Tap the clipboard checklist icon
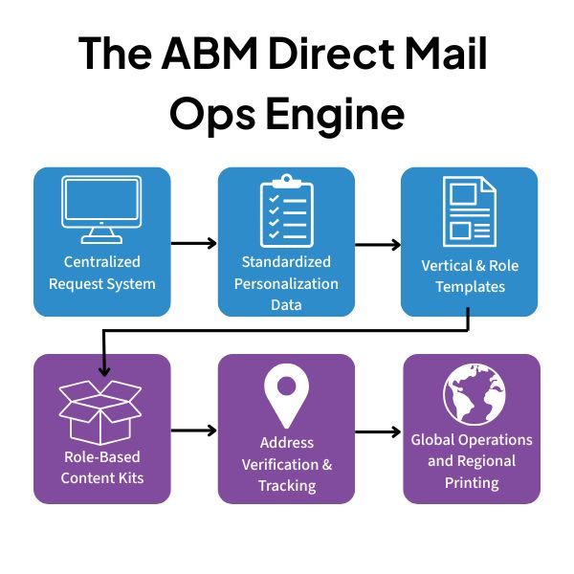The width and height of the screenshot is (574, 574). [x=286, y=210]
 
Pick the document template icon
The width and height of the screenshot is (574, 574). [x=469, y=211]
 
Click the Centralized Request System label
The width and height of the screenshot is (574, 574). [x=101, y=273]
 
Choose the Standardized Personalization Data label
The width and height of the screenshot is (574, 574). [x=286, y=283]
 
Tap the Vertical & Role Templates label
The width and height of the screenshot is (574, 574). [x=470, y=276]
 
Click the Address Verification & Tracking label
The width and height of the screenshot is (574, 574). [x=286, y=463]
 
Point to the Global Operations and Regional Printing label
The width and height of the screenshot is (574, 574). [x=471, y=461]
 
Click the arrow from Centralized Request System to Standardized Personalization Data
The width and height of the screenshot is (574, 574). [x=194, y=243]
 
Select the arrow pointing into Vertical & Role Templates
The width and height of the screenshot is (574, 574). [x=378, y=243]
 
